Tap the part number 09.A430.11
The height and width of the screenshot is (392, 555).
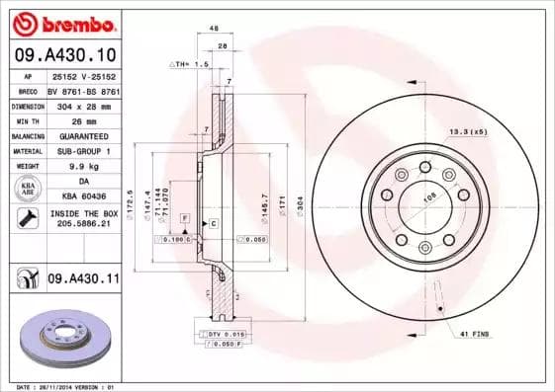pyautogui.click(x=82, y=280)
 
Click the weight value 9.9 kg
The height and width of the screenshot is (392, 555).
pyautogui.click(x=82, y=167)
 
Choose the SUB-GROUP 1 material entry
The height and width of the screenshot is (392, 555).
pyautogui.click(x=82, y=151)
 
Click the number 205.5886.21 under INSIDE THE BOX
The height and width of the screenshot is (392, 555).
pyautogui.click(x=82, y=224)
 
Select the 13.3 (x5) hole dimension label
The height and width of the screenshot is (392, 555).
pyautogui.click(x=468, y=131)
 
